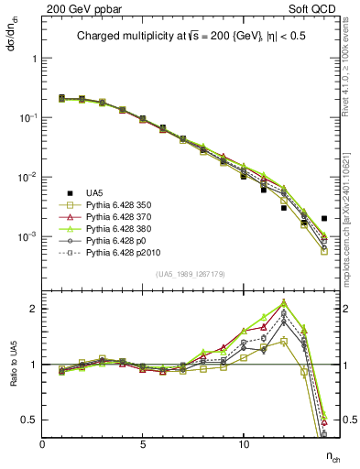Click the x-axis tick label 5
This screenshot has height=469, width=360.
pos(143,443)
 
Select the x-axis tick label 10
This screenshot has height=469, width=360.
pos(244,443)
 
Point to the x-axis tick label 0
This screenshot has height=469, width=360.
pos(43,443)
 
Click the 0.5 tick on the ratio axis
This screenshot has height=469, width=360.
pos(32,420)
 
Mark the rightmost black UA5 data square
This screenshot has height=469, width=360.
pos(324,219)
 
